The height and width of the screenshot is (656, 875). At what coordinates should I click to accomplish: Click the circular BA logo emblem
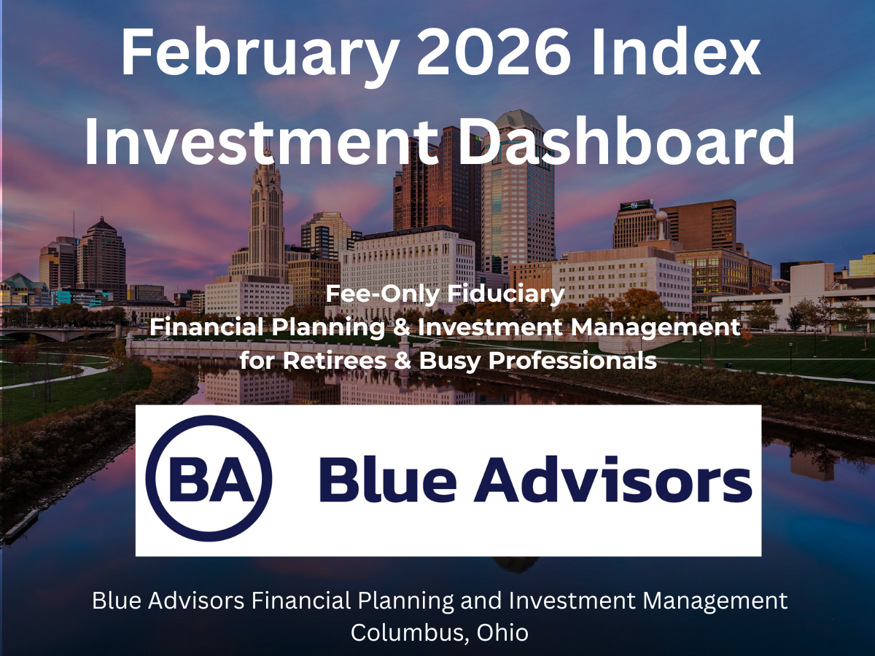point(209,479)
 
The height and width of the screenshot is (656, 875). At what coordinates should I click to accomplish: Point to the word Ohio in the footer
point(502,632)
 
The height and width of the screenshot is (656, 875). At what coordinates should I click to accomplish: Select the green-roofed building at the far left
point(22,286)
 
